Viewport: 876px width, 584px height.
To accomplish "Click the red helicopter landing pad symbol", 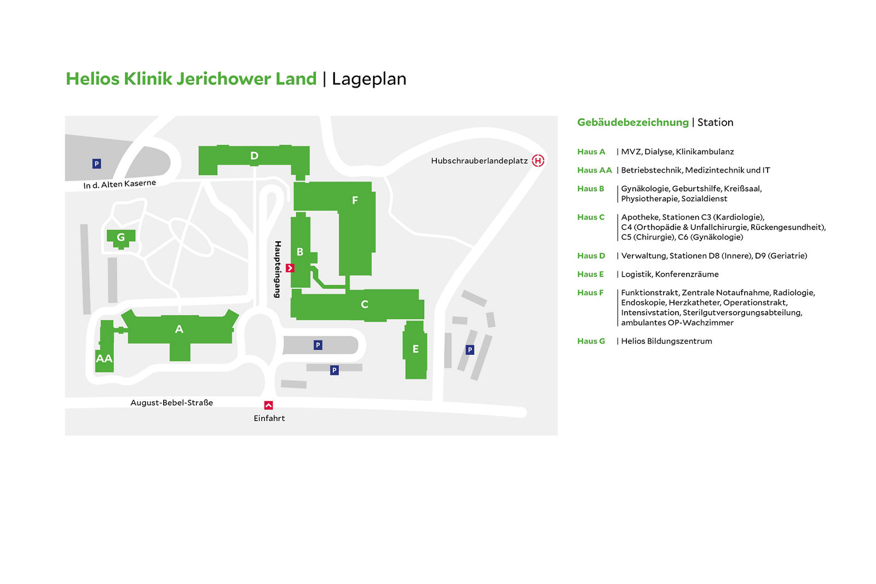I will tap(538, 160).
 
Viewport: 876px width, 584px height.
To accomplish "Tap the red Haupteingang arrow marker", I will tap(290, 268).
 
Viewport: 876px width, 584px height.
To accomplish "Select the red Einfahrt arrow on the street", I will tap(268, 405).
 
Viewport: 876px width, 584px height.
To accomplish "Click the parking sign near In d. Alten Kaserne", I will tap(96, 163).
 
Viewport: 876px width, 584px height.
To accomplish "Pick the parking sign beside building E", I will tap(470, 349).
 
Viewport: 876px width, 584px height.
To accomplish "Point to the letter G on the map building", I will tap(121, 237).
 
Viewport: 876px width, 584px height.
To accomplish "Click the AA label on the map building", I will tap(104, 359).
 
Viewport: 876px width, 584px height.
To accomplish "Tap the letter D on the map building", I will tap(254, 156).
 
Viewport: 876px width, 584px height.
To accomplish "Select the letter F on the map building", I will tap(355, 201).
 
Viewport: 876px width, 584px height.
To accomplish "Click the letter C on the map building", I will tap(365, 305).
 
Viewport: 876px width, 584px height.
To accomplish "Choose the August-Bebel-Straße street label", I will tap(171, 402).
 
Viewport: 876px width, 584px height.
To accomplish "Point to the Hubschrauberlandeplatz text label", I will tap(479, 161).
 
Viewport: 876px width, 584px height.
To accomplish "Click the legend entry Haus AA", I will tap(594, 170).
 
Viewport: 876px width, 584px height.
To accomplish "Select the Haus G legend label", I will tap(591, 341).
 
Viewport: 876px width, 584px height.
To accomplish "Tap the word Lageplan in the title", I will tap(369, 79).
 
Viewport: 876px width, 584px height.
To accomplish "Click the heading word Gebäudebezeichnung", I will tap(633, 122).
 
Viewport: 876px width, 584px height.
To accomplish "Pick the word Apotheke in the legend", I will tap(640, 217).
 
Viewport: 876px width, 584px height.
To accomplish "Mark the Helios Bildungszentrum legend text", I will tap(666, 341).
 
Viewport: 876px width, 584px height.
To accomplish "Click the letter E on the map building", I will tap(416, 349).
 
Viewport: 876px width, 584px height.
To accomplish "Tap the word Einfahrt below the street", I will tap(269, 418).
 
